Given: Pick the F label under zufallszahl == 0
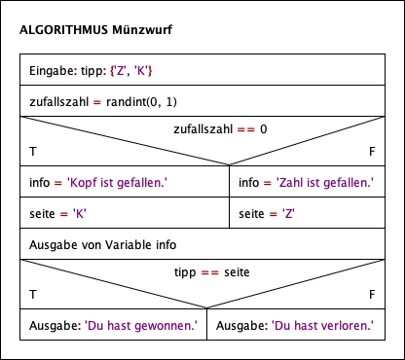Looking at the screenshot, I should pos(372,153).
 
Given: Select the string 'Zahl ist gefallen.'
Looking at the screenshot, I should pos(318,181).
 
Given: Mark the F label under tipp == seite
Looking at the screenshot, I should pos(372,293).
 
